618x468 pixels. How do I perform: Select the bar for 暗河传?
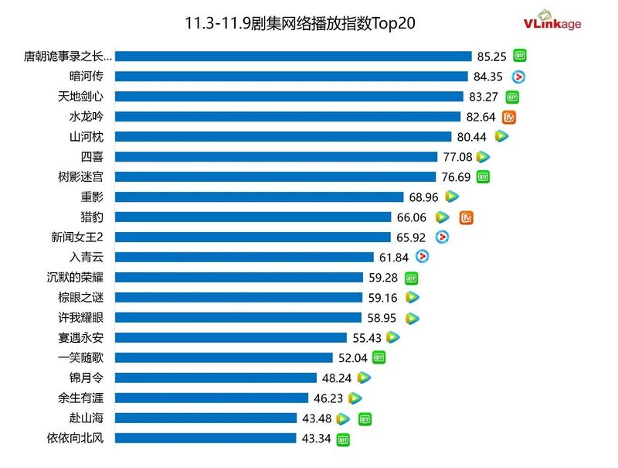pos(294,76)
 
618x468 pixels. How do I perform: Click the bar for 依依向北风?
pos(207,438)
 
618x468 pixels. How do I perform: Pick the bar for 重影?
pos(261,196)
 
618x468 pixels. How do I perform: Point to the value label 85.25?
pos(491,56)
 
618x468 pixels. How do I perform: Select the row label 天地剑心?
pos(91,96)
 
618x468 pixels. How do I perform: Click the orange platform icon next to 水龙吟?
pos(509,117)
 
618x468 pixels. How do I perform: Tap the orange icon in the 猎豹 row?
pos(466,217)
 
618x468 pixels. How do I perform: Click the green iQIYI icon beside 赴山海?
pos(365,418)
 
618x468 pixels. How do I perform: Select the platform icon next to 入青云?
pos(422,257)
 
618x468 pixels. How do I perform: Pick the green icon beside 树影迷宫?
pos(483,176)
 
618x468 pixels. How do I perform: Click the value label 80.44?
pos(471,136)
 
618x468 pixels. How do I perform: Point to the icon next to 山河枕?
pos(501,136)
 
